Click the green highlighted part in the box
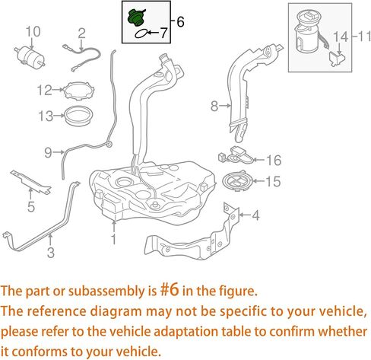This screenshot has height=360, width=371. (136, 18)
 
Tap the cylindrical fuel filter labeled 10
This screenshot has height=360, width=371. (30, 57)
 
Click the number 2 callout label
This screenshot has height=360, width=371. (81, 33)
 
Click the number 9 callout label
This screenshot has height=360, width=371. (48, 152)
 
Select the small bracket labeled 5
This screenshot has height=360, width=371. (30, 181)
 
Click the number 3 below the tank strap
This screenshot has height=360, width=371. (51, 252)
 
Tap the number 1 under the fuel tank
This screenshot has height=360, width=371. (114, 239)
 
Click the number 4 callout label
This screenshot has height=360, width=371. (256, 215)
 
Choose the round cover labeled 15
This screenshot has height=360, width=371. (238, 182)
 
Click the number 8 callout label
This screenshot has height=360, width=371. (214, 106)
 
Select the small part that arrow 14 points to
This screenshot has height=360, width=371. (338, 59)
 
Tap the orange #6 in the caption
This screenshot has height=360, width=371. (170, 290)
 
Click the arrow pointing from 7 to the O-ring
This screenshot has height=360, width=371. (153, 33)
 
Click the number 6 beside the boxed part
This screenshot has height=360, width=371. (180, 22)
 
